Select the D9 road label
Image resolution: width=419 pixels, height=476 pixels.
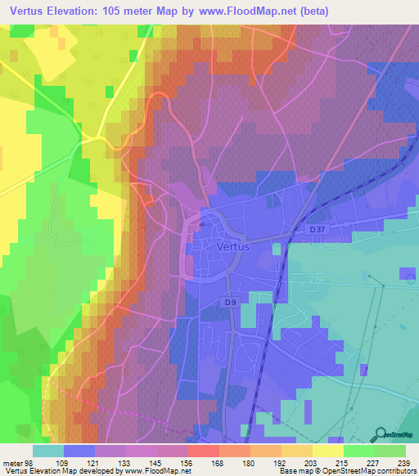232,303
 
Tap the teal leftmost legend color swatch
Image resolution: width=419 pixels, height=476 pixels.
48,450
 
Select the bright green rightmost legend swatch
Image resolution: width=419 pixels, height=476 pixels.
390,450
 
